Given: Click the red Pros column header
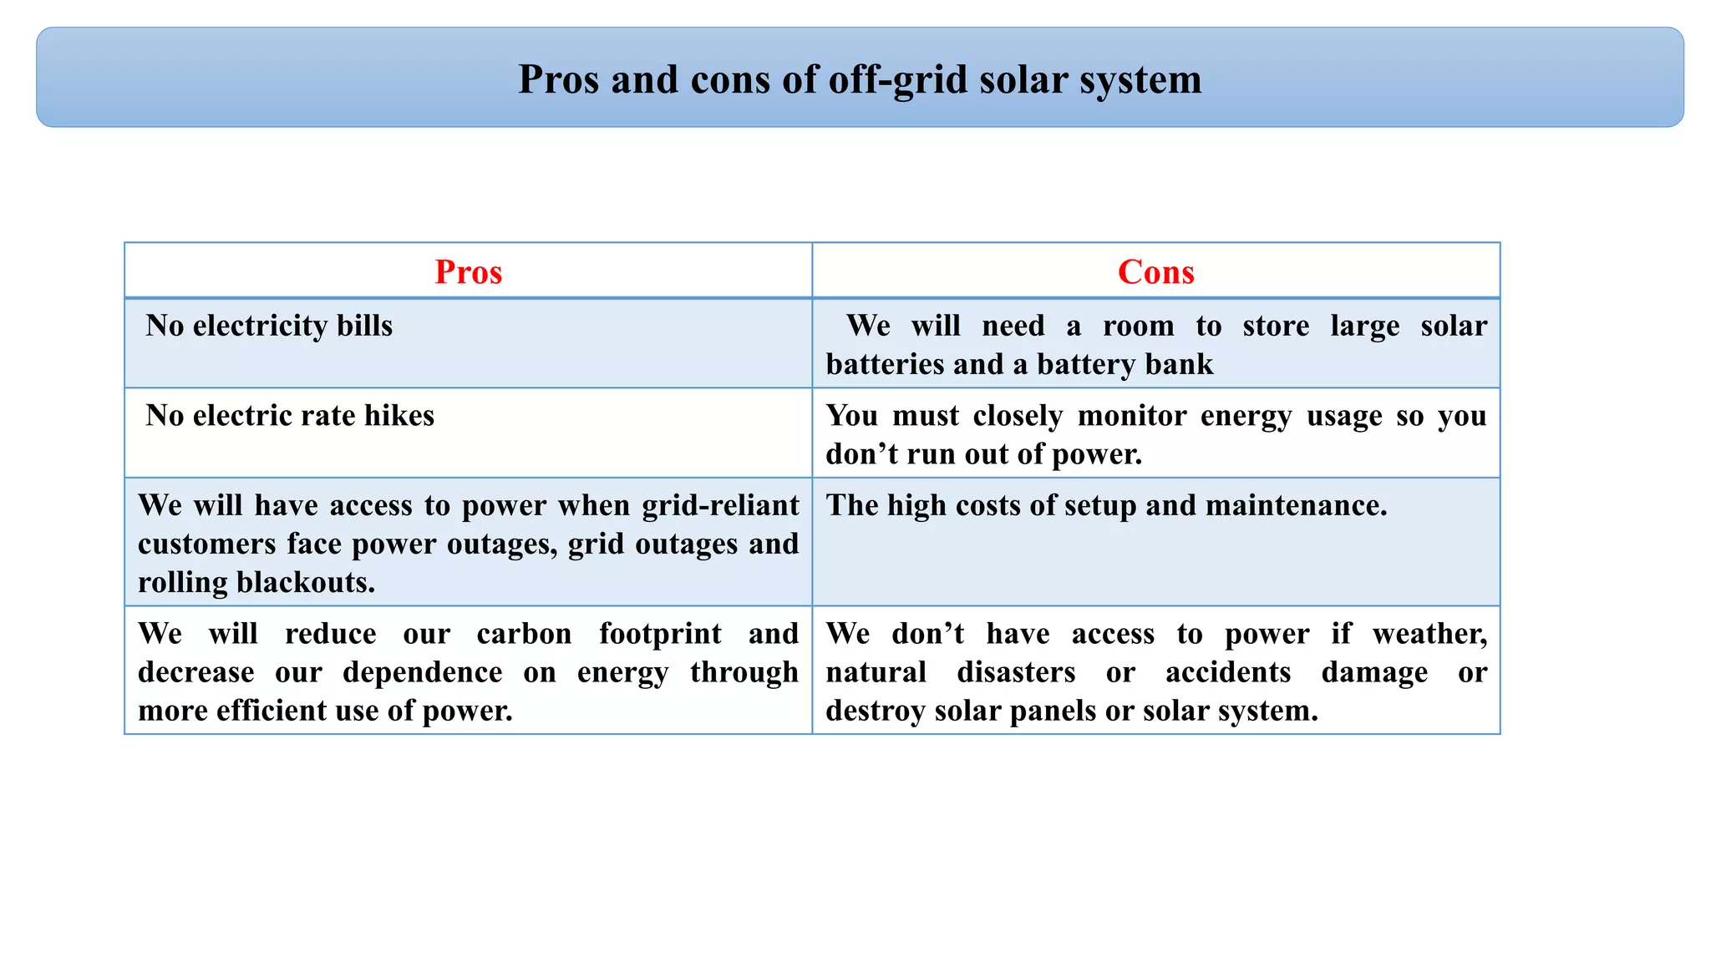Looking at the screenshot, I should coord(468,272).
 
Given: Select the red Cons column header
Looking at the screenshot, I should coord(1155,272).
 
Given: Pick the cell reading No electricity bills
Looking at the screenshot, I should coord(269,326).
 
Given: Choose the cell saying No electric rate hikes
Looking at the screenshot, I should coord(290,416).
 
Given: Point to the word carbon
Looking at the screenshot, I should coord(524,634).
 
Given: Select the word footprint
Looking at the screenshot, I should coord(660,634).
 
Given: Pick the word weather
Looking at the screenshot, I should coord(1429,634).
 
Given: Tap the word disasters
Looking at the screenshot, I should coord(1016,672).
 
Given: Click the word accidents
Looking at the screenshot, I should coord(1227,672).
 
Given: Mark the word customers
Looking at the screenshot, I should coord(206,544).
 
